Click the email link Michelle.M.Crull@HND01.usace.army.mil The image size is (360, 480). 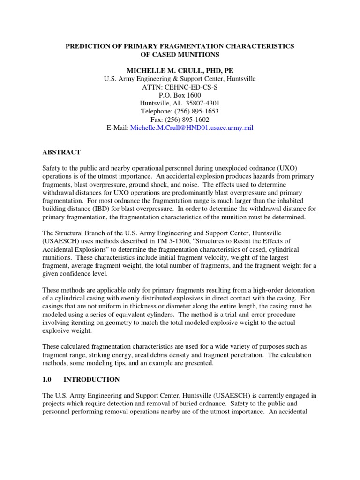click(191, 127)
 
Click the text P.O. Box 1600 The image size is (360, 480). click(180, 95)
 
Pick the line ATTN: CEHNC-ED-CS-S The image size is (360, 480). click(180, 87)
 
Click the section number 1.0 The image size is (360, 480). click(47, 379)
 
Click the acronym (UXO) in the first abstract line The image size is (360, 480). click(290, 168)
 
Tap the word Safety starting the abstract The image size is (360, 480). click(52, 168)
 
